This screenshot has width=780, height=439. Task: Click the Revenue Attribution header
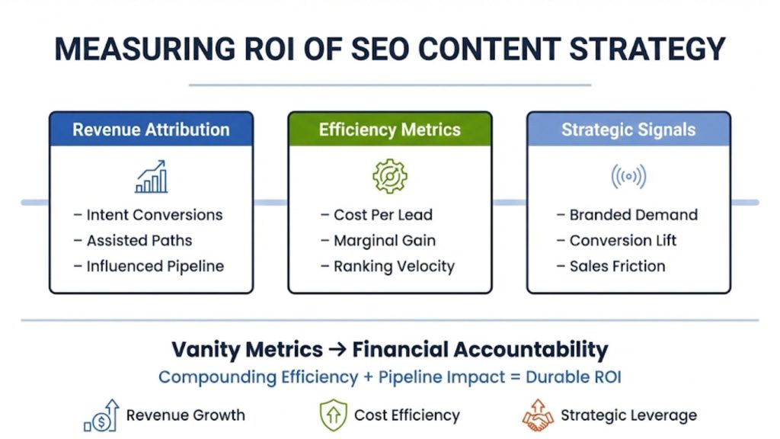(151, 130)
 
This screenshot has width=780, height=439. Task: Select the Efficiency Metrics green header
(389, 130)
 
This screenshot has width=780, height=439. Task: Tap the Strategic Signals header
(628, 130)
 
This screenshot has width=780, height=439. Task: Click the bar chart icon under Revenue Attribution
(152, 176)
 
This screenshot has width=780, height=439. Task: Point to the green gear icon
(389, 176)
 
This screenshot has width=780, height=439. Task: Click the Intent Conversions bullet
(154, 215)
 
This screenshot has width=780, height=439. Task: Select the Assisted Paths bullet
(139, 241)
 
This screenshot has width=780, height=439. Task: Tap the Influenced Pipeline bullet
(155, 266)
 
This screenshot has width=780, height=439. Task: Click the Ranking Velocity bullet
(393, 266)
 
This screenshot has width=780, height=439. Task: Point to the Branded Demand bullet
(633, 215)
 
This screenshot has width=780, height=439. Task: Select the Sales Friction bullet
(617, 266)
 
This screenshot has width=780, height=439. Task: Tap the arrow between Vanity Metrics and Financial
(337, 351)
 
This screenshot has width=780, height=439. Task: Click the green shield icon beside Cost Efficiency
(334, 415)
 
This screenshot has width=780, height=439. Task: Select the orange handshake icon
(537, 415)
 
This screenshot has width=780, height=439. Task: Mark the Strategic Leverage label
(628, 415)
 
